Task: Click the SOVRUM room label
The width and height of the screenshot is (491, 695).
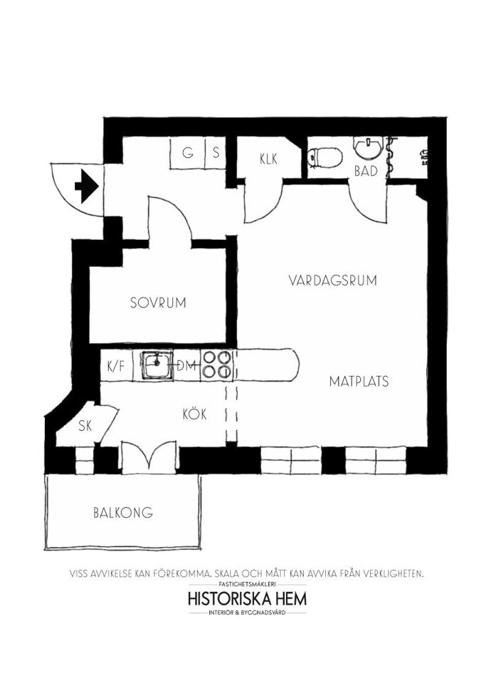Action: click(x=158, y=303)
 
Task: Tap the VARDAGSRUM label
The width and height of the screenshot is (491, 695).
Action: click(x=332, y=280)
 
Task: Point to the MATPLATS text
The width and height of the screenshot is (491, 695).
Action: click(x=359, y=381)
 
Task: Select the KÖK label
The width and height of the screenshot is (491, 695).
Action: click(x=195, y=414)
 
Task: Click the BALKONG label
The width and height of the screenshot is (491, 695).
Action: click(x=123, y=513)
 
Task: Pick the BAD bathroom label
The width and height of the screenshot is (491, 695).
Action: click(x=366, y=171)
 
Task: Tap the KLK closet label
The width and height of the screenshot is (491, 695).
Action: click(x=268, y=159)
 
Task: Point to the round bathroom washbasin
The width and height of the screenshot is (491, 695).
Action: click(x=368, y=147)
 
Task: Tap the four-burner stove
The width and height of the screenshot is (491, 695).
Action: click(x=216, y=365)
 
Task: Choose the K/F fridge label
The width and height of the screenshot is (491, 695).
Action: click(x=117, y=367)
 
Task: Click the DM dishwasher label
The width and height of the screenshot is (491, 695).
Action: click(x=186, y=366)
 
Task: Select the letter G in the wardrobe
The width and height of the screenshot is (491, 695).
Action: click(x=188, y=153)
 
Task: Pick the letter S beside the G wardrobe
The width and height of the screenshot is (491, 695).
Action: click(x=216, y=153)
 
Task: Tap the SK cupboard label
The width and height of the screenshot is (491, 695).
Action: click(x=85, y=426)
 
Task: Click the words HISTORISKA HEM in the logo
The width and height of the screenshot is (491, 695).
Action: click(x=247, y=599)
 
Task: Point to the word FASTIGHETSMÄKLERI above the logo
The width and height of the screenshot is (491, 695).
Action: click(x=247, y=584)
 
